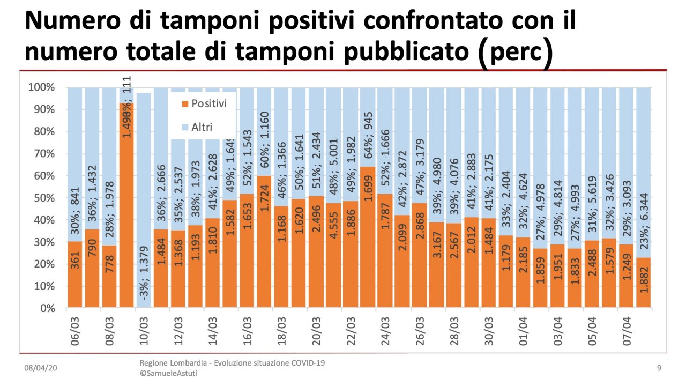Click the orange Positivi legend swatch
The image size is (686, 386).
185,103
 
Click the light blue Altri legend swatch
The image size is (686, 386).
185,128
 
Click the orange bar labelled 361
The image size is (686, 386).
74,274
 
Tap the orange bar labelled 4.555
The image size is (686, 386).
333,256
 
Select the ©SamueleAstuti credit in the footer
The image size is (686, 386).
168,373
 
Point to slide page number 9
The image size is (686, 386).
659,368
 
